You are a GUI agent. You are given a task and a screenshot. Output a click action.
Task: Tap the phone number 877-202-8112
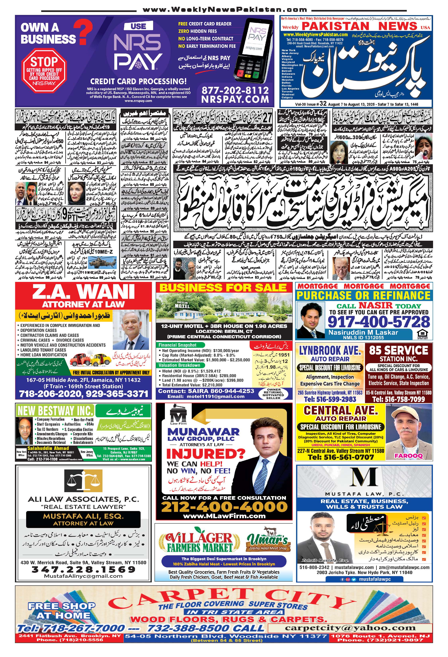pos(235,90)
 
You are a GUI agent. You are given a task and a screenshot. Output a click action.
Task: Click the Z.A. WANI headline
pos(83,292)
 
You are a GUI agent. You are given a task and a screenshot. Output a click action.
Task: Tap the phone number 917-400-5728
pos(379,322)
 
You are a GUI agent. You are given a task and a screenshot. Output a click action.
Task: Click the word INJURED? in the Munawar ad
pos(205,454)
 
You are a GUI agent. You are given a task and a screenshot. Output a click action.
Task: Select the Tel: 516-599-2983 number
pos(330,399)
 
